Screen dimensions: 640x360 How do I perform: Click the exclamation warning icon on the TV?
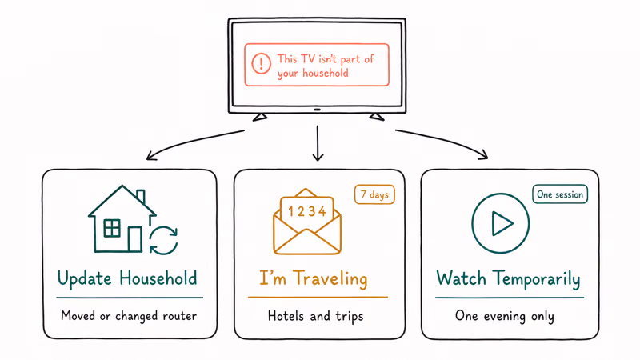[262, 63]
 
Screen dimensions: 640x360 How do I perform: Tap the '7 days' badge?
[374, 194]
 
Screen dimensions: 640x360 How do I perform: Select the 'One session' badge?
[560, 194]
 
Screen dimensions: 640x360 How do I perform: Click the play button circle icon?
[501, 223]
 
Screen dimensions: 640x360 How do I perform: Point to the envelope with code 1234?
[307, 222]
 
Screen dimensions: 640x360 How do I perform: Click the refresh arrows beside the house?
[164, 241]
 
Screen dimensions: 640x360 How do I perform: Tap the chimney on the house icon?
[141, 196]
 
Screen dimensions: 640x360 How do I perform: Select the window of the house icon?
[112, 228]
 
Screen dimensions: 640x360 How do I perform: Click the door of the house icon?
[135, 239]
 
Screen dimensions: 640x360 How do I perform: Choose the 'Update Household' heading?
[127, 278]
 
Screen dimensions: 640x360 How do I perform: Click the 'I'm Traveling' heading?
[314, 278]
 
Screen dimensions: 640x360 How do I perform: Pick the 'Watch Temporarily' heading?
[509, 279]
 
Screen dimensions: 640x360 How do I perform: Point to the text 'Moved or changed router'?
[129, 316]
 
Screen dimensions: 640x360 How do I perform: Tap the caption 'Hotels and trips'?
[315, 316]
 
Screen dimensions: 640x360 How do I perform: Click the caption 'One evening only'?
[505, 316]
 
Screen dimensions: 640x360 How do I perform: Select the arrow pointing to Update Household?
[192, 141]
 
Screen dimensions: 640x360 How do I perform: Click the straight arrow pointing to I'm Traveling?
[318, 143]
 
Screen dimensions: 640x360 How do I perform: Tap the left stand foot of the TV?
[260, 118]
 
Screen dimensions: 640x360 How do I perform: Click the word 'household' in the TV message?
[326, 74]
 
